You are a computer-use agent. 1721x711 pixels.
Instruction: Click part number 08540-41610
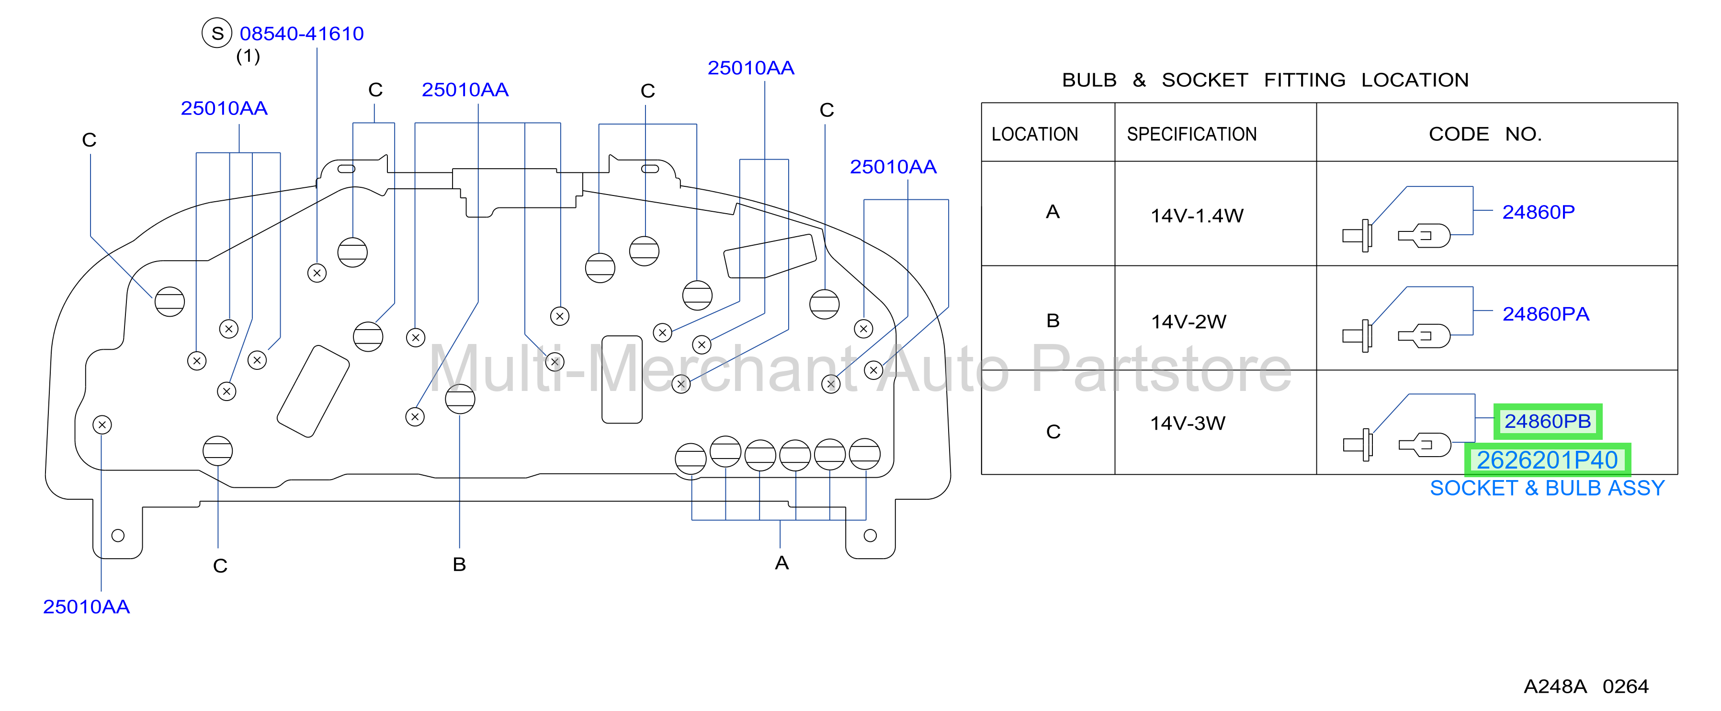[x=301, y=34]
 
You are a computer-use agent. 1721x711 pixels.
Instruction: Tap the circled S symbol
[x=216, y=33]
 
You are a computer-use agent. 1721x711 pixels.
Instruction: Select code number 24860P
[x=1538, y=212]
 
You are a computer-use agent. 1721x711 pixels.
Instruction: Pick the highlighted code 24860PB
[x=1547, y=421]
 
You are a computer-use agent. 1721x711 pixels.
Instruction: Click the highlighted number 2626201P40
[x=1547, y=460]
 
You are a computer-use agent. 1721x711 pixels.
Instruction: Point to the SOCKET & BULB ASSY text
[x=1547, y=488]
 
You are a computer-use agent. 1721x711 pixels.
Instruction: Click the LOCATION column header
[x=1034, y=134]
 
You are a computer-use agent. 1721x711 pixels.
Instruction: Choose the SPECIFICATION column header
[x=1191, y=134]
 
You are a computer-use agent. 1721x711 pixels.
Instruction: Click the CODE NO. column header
[x=1485, y=134]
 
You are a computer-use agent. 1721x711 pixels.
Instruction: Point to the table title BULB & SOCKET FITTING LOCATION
[x=1265, y=80]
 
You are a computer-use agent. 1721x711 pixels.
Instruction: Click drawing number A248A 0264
[x=1585, y=686]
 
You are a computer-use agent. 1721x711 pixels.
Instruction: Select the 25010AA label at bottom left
[x=86, y=606]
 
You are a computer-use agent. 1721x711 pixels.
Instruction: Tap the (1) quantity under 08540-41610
[x=248, y=56]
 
